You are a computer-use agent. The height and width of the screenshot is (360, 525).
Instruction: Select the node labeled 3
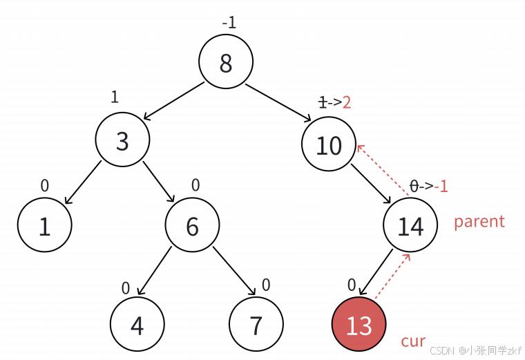[x=122, y=140]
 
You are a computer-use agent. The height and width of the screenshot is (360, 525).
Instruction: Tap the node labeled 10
[x=329, y=144]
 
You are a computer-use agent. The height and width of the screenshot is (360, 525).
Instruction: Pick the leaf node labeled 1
[x=45, y=225]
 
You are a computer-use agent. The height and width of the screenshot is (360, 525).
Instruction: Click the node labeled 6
[x=192, y=225]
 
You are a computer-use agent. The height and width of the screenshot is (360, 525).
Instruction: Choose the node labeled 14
[x=411, y=225]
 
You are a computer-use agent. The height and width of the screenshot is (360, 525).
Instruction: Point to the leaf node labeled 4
[x=137, y=324]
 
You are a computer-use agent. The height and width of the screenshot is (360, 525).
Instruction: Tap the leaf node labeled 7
[x=256, y=324]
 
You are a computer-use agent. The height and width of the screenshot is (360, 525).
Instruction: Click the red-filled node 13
[x=359, y=324]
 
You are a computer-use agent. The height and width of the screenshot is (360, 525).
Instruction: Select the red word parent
[x=479, y=221]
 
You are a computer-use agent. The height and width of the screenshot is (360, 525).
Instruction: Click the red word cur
[x=413, y=341]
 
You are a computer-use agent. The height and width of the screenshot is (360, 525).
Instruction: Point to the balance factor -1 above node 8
[x=229, y=23]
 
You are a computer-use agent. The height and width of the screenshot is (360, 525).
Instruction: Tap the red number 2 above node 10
[x=347, y=102]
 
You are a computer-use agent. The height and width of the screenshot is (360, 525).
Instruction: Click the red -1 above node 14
[x=441, y=186]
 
